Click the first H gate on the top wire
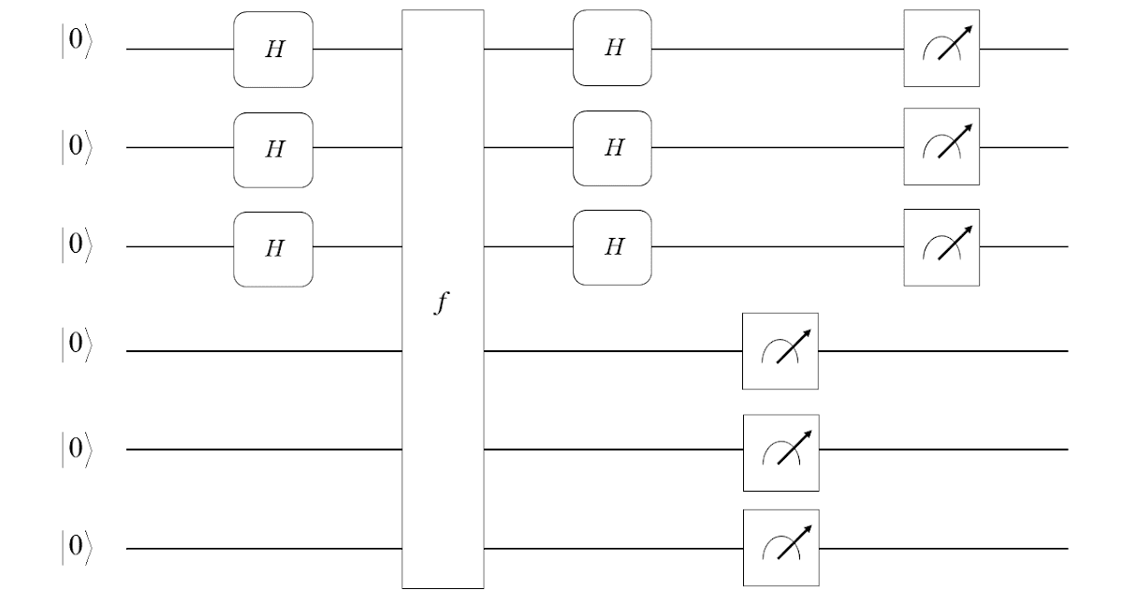click(272, 49)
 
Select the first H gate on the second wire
click(272, 148)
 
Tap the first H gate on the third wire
click(272, 247)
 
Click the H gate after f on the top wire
click(612, 49)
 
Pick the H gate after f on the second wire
click(612, 148)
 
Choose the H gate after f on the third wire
click(612, 247)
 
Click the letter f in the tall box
click(442, 303)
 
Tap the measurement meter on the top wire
click(941, 49)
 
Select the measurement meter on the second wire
click(941, 147)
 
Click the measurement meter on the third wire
click(941, 247)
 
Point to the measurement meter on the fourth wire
click(780, 351)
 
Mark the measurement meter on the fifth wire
click(780, 452)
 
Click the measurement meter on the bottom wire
click(780, 548)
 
